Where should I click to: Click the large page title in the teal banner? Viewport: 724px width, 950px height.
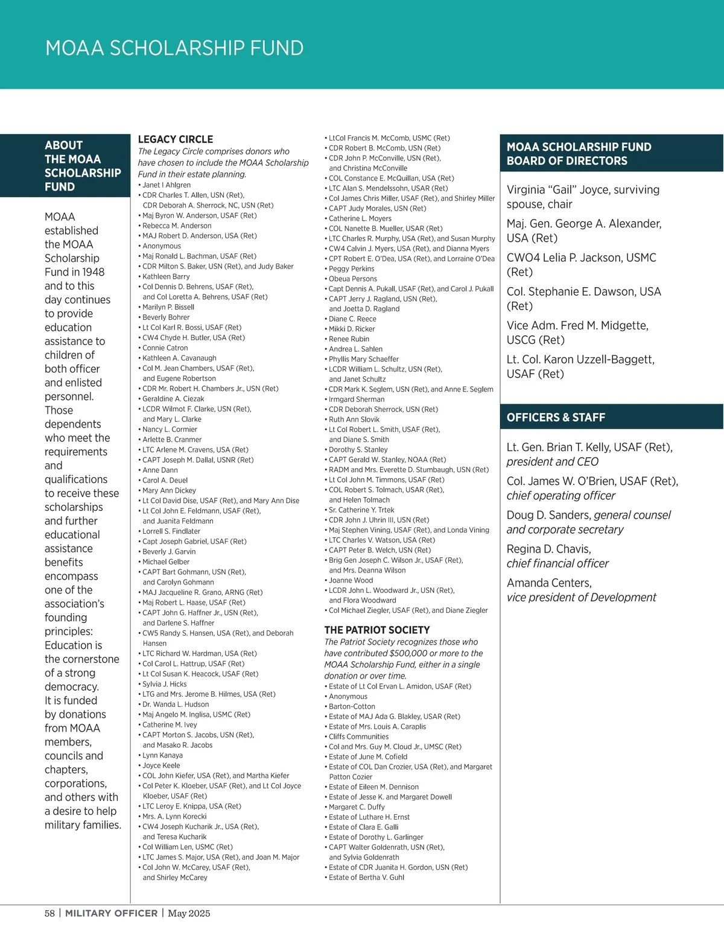point(174,48)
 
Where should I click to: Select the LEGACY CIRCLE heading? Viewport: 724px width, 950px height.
point(176,139)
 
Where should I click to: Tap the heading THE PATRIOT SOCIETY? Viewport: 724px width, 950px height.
point(377,630)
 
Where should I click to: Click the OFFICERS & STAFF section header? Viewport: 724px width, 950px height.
point(556,417)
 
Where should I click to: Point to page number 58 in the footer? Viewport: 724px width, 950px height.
point(49,913)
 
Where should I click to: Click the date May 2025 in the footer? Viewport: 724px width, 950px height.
point(189,913)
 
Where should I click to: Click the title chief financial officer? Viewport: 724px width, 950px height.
point(557,563)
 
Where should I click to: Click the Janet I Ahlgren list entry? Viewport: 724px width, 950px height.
point(167,185)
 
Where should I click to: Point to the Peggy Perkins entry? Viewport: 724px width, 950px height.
point(352,269)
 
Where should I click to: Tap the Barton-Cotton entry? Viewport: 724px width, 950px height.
point(352,706)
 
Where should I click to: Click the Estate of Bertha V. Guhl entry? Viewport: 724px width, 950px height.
point(366,878)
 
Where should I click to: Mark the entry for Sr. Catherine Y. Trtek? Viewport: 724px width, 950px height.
point(361,510)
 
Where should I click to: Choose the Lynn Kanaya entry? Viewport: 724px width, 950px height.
point(162,755)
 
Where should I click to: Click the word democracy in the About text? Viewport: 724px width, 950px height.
point(72,686)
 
